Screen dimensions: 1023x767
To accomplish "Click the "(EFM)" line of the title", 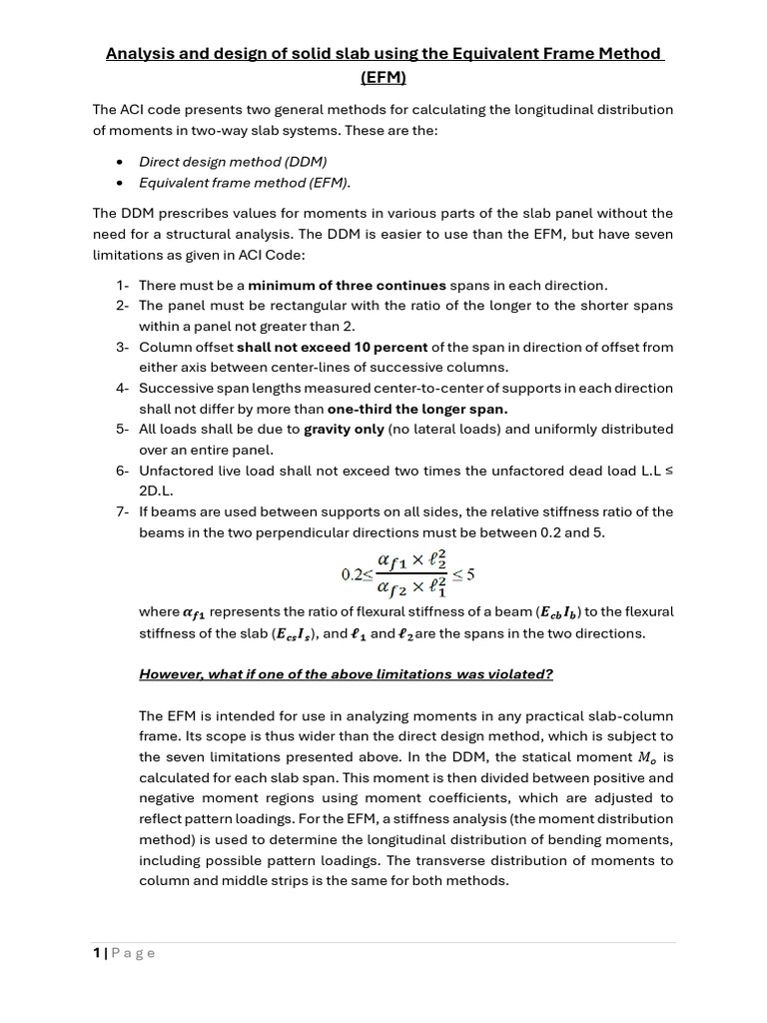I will coord(384,77).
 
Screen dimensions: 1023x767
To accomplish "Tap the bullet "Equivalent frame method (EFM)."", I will coord(245,182).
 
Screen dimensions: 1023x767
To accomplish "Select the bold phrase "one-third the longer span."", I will coord(417,409).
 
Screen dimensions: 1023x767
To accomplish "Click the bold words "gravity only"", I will coord(346,430).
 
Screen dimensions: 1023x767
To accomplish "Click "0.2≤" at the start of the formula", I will coord(357,574).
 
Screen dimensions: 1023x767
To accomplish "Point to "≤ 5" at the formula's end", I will coord(463,574).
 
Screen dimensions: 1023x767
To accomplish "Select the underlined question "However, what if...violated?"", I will coord(346,674).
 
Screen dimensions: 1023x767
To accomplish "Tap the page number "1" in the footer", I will coord(97,953).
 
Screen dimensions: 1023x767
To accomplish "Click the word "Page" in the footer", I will coord(133,953).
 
